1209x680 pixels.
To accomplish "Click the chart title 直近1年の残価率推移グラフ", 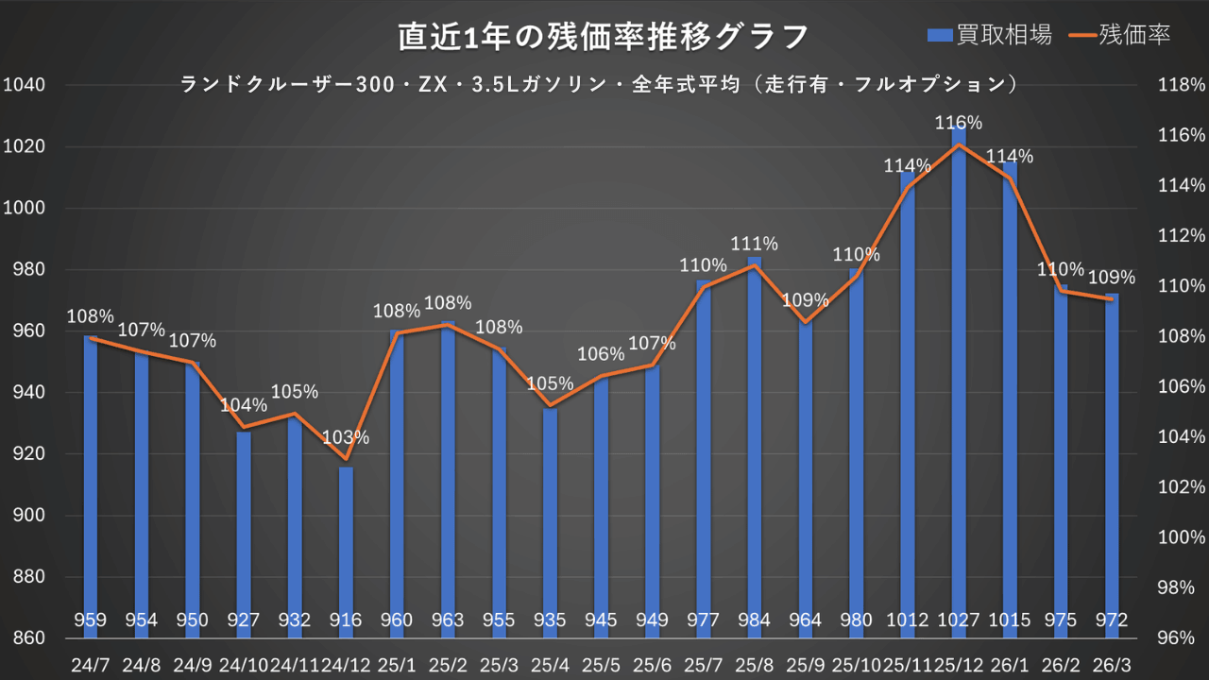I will [x=603, y=37].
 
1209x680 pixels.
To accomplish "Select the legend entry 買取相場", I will [x=990, y=35].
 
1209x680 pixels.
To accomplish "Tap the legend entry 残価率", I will [x=1121, y=35].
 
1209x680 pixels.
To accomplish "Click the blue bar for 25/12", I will [x=959, y=378].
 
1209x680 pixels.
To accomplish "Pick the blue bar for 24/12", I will [x=346, y=538].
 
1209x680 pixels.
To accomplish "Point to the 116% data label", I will [x=959, y=123].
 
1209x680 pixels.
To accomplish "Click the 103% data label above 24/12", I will [x=346, y=438].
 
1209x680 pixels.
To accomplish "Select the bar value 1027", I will [x=959, y=620].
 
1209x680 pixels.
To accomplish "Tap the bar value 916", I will [x=346, y=620].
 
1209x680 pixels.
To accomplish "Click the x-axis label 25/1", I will [x=397, y=664].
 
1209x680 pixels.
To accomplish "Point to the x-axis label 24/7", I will [x=91, y=664].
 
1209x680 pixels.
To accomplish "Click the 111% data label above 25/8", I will [x=755, y=244].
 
